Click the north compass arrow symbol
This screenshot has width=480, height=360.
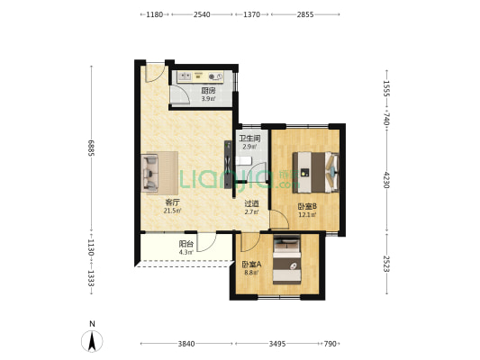pyautogui.click(x=92, y=341)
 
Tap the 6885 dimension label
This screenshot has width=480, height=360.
pyautogui.click(x=91, y=148)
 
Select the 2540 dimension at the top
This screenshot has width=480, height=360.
pyautogui.click(x=202, y=14)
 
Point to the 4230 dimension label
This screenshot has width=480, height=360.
pyautogui.click(x=386, y=180)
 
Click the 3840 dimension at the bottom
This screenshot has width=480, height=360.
pyautogui.click(x=186, y=344)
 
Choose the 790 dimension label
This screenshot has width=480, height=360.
pyautogui.click(x=330, y=344)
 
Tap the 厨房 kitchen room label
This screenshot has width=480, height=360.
pyautogui.click(x=208, y=91)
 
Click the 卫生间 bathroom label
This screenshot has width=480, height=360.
pyautogui.click(x=249, y=139)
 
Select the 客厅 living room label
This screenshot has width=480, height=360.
pyautogui.click(x=172, y=202)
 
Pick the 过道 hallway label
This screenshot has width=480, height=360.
pyautogui.click(x=251, y=203)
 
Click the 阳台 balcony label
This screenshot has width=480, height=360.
pyautogui.click(x=186, y=244)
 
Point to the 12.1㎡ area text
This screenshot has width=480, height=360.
pyautogui.click(x=307, y=215)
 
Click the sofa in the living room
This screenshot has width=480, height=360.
pyautogui.click(x=149, y=173)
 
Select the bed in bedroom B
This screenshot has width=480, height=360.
pyautogui.click(x=315, y=173)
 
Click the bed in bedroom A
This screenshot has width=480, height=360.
pyautogui.click(x=287, y=260)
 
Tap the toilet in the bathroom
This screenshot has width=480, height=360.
pyautogui.click(x=244, y=161)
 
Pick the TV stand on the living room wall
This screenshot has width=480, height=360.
pyautogui.click(x=228, y=164)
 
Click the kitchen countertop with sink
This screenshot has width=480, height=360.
pyautogui.click(x=201, y=76)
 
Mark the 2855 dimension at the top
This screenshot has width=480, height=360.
pyautogui.click(x=305, y=14)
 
